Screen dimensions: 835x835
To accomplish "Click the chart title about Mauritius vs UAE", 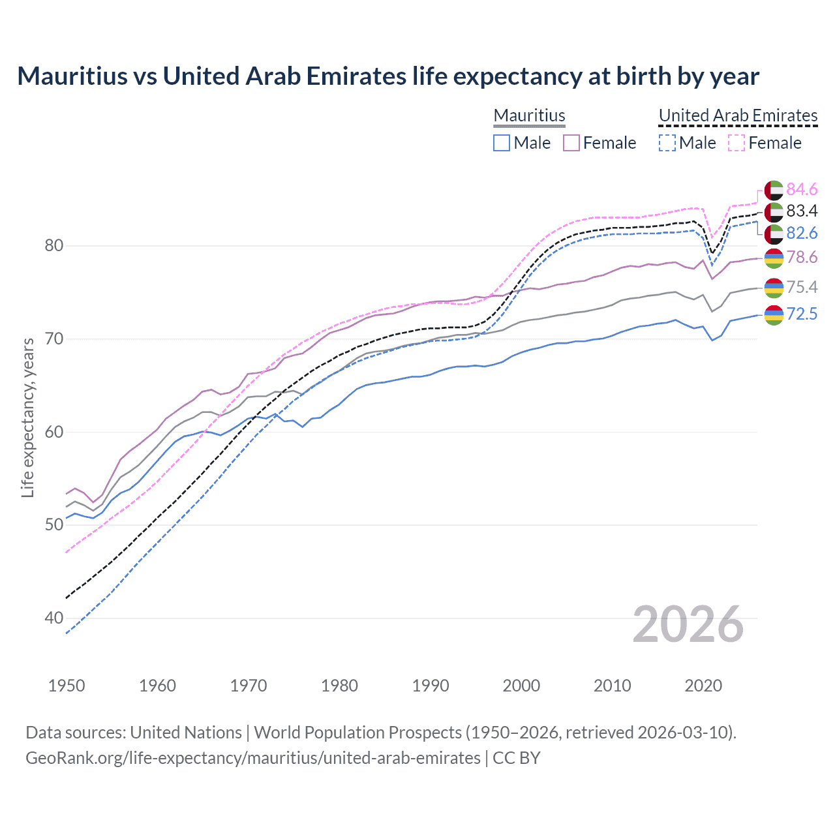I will tap(388, 76).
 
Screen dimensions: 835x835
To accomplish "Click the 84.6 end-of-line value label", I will tap(802, 189).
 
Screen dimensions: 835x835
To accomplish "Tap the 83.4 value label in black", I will tap(802, 211).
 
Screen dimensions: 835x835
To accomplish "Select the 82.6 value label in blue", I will tap(802, 233).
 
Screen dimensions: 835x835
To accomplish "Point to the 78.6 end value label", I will tap(802, 257).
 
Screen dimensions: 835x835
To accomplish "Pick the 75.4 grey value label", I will tap(802, 287).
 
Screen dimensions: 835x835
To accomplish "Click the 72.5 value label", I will tap(802, 314).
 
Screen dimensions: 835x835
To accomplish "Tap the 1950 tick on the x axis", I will tap(67, 686).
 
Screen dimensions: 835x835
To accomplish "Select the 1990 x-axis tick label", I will tap(431, 686).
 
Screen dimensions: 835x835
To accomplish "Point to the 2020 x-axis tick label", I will tap(703, 686).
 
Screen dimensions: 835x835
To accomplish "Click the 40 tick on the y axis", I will tap(53, 618).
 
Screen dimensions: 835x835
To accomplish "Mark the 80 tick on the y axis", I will tap(53, 246).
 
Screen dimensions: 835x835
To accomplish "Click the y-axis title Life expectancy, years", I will tap(28, 417).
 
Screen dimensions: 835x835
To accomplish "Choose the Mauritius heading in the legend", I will tap(529, 115).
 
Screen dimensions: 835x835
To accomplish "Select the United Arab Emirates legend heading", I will tap(738, 115).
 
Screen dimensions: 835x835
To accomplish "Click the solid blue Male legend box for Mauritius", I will tap(502, 143).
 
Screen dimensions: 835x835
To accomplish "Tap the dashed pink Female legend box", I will tap(736, 143).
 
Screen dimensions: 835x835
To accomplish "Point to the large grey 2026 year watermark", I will tap(688, 624).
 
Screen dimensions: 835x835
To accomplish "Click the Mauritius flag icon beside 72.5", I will tap(773, 314).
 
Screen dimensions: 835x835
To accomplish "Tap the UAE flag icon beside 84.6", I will tap(773, 190).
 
